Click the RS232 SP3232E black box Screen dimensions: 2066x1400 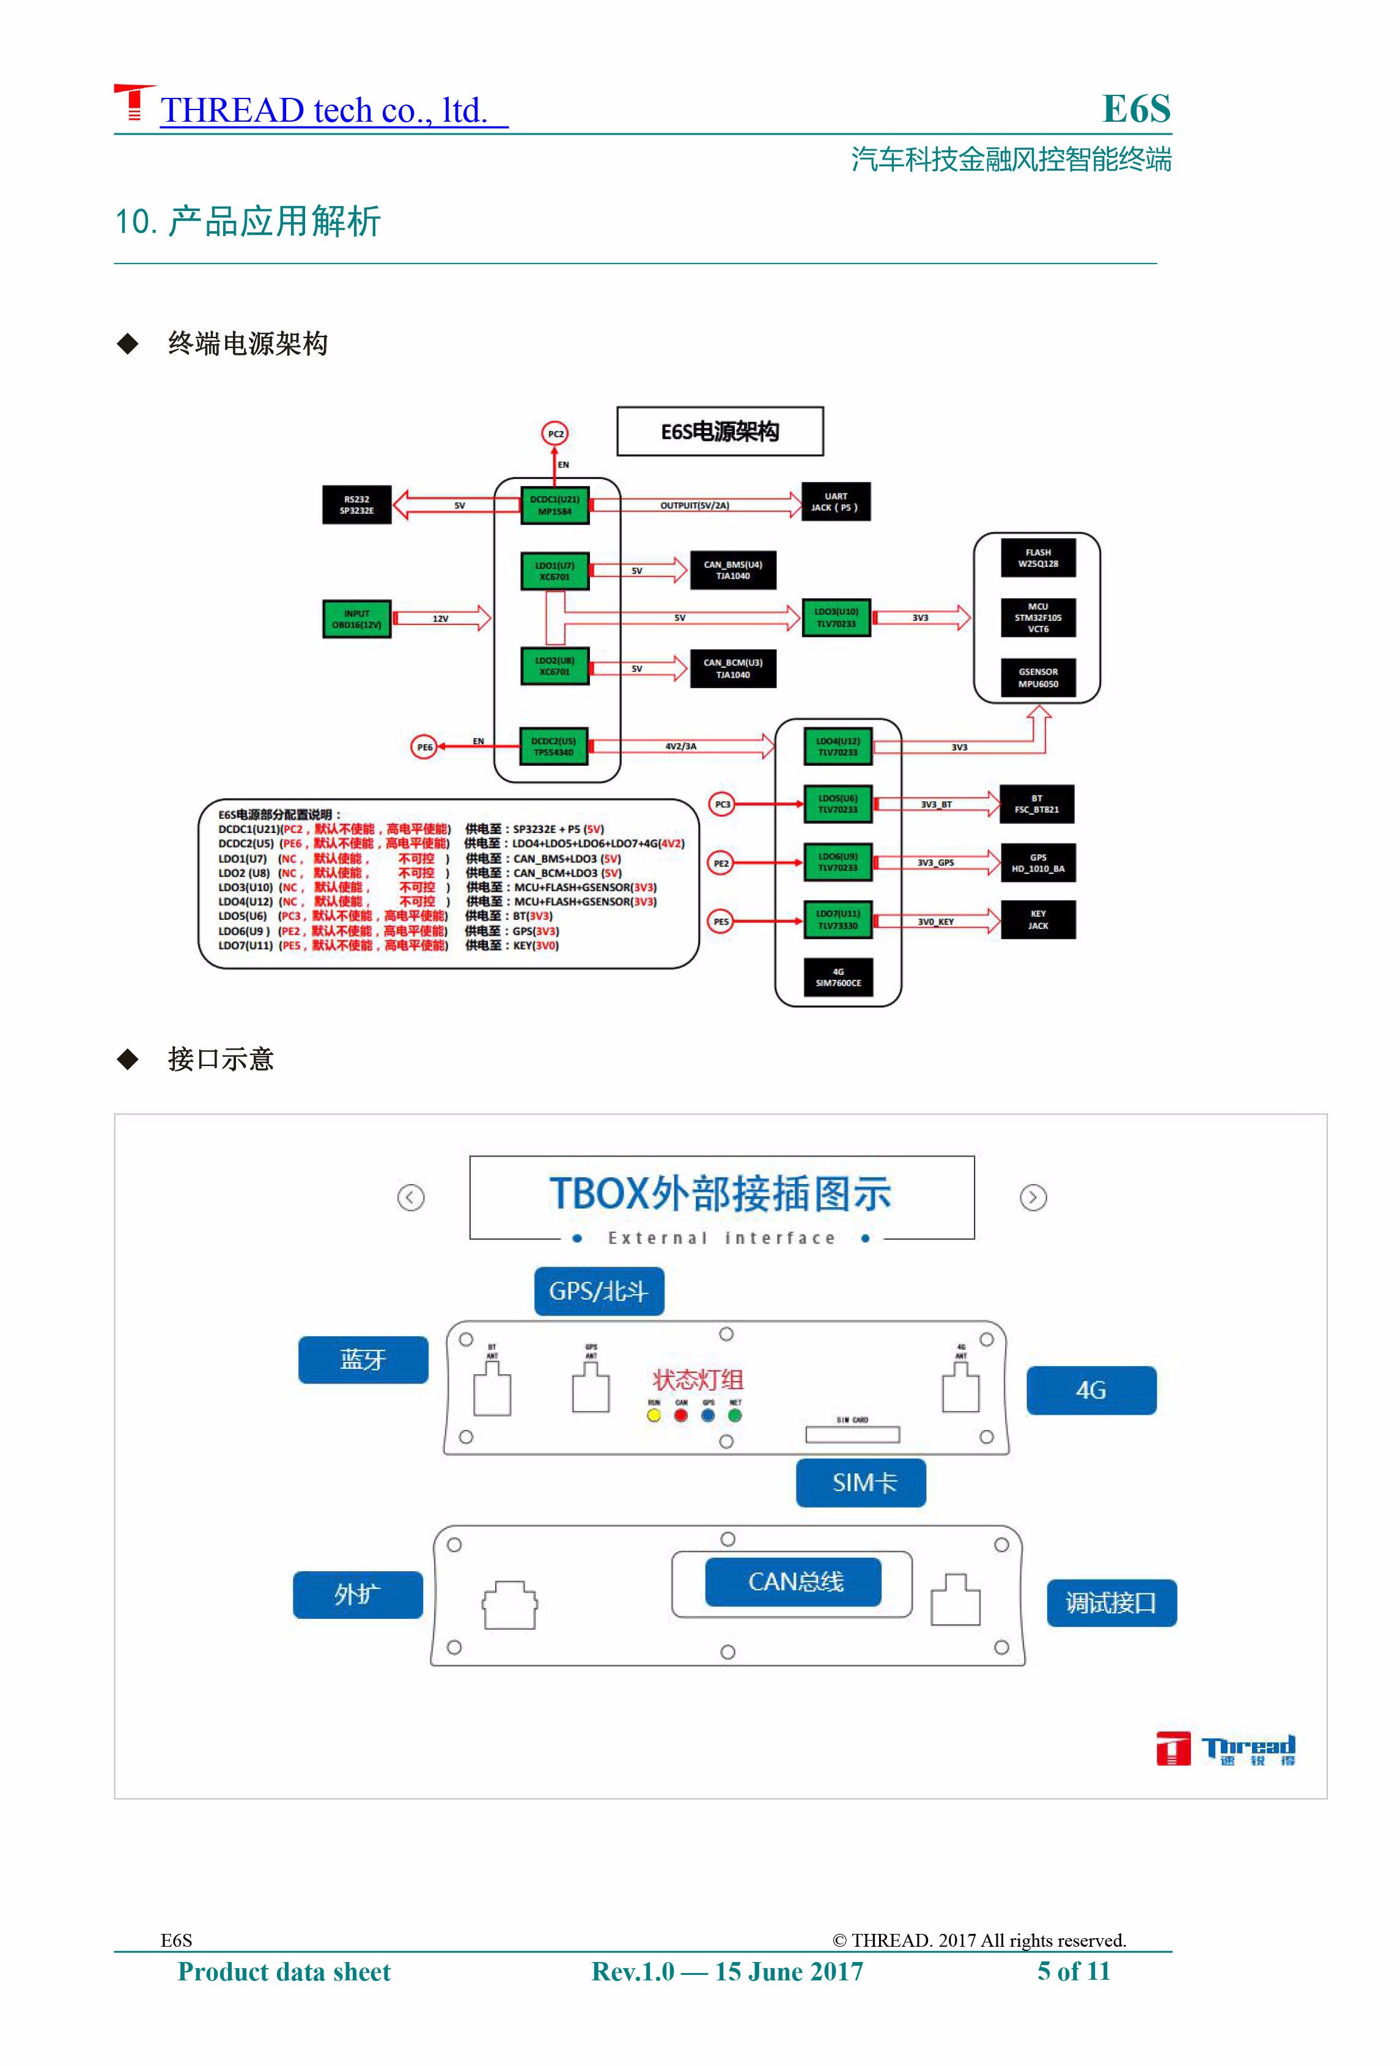pos(356,505)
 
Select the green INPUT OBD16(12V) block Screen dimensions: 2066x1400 pos(356,619)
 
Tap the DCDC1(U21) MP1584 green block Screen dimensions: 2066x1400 pos(554,505)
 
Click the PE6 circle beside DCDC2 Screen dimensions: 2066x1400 pos(425,747)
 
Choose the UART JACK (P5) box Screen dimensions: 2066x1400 pos(836,502)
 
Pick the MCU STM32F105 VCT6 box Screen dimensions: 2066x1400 pos(1037,618)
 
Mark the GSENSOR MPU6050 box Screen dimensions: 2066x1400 pos(1037,678)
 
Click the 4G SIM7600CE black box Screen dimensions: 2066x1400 pos(838,977)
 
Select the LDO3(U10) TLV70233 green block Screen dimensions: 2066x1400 pos(836,617)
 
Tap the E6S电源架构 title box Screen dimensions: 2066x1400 pos(720,432)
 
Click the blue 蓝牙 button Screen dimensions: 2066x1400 pos(363,1359)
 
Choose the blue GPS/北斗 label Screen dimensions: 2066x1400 pos(599,1291)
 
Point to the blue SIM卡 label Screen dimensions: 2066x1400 pos(860,1482)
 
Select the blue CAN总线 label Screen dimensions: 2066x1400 pos(793,1582)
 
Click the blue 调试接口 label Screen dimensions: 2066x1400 pos(1111,1603)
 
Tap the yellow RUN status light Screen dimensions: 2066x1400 pos(654,1415)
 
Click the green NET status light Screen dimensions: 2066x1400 pos(735,1415)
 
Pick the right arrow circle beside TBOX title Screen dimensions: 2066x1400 pos(1033,1198)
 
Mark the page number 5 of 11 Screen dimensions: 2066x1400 pos(1074,1971)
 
